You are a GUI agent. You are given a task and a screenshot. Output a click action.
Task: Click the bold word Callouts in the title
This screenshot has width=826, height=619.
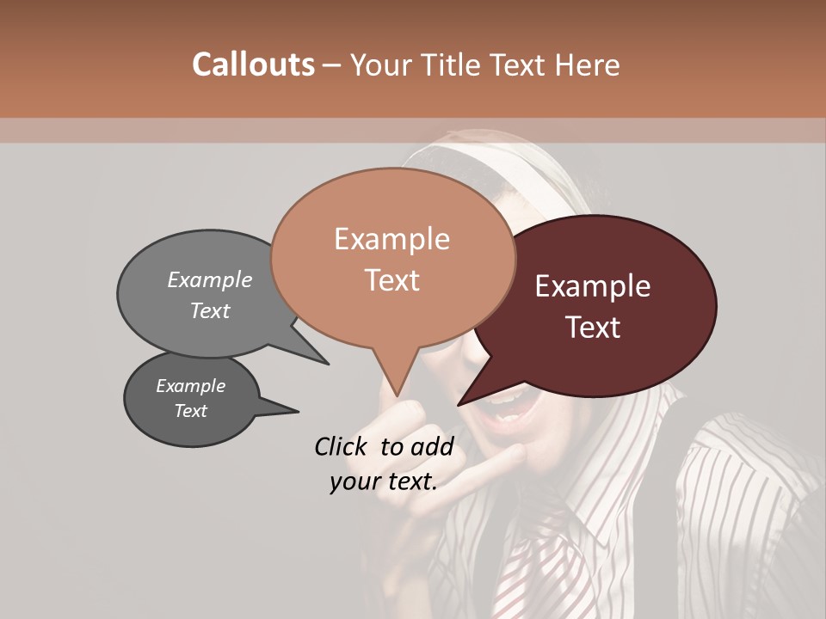click(253, 64)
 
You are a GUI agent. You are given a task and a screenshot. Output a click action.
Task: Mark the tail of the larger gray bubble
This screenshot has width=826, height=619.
click(322, 361)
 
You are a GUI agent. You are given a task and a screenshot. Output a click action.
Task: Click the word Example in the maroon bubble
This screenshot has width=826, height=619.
click(593, 286)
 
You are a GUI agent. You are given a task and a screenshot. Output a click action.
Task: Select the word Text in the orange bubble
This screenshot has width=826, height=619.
click(392, 280)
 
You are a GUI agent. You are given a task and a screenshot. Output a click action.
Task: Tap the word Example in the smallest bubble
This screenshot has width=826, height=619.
click(190, 386)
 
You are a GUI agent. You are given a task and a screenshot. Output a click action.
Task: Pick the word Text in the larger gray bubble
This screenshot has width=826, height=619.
click(210, 310)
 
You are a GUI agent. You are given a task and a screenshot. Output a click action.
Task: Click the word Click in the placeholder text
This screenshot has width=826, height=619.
click(342, 446)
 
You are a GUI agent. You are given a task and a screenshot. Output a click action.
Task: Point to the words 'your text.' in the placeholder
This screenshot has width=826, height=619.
click(384, 481)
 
